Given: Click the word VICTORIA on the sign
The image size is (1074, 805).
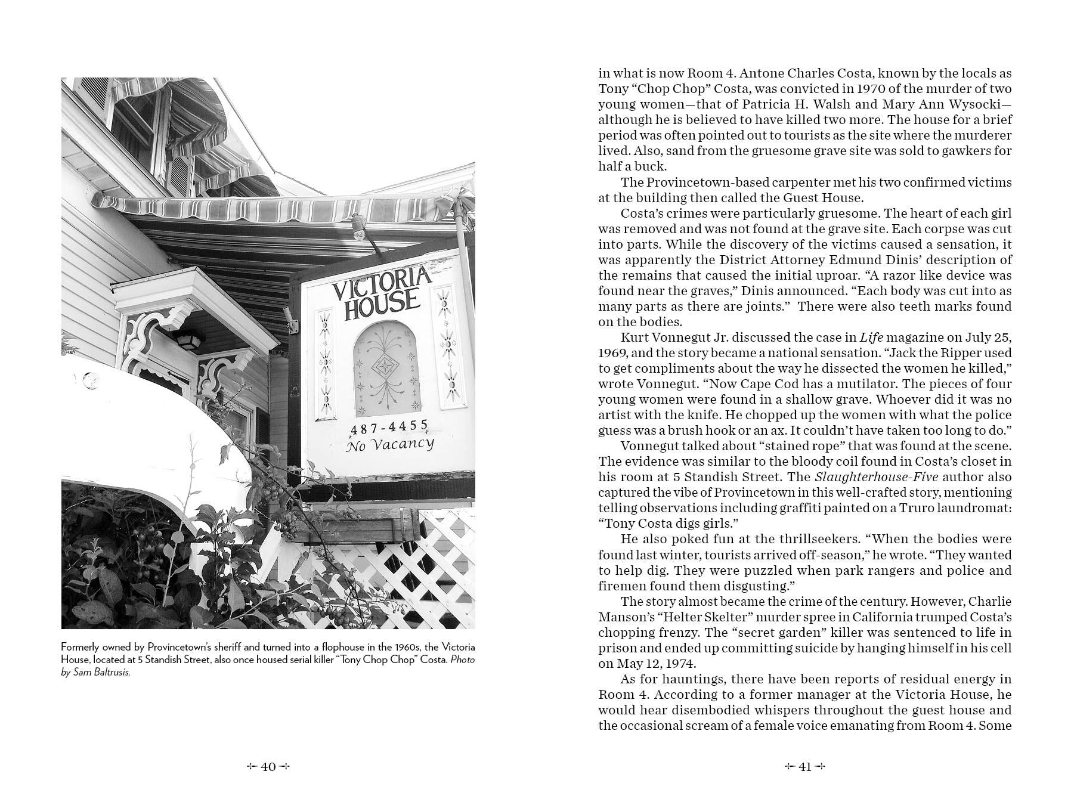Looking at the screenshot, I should point(381,285).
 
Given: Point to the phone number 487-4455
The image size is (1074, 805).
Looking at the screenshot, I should point(389,427).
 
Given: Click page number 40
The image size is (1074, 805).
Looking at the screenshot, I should point(268,767).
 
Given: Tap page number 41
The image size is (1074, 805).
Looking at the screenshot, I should point(805,767).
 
